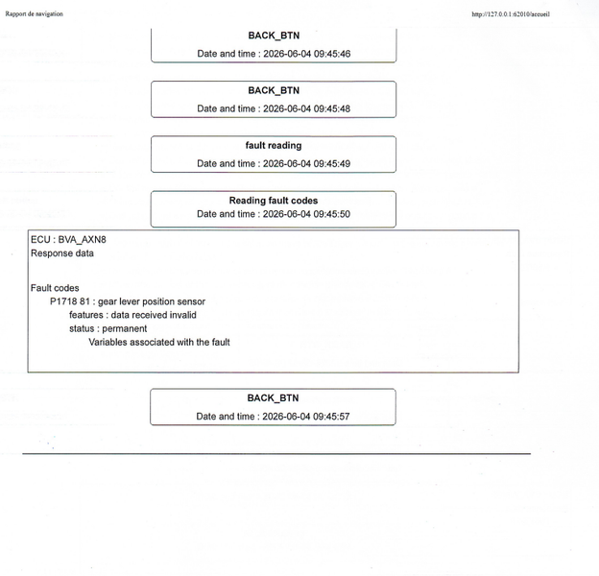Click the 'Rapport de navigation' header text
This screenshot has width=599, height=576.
pos(34,13)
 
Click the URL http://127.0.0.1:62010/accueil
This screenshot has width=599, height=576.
pos(511,14)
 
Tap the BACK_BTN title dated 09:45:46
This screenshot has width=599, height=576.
pos(274,36)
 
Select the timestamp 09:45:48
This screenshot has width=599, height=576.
pos(307,108)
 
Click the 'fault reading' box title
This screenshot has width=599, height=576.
pos(274,146)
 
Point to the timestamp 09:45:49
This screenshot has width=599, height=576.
pos(307,164)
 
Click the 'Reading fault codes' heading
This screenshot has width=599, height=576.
pos(274,201)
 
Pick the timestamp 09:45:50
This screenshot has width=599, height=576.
pos(306,214)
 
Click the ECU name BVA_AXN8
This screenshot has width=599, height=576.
pos(83,239)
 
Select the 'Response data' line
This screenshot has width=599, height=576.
pos(62,253)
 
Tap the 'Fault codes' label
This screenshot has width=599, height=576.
pos(55,288)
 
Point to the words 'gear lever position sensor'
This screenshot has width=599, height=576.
pos(152,301)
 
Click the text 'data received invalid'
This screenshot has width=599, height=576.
pos(154,315)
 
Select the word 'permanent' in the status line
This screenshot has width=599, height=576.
pos(125,329)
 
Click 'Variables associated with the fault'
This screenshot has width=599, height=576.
pos(159,342)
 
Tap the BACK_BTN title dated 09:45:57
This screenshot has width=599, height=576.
pos(273,398)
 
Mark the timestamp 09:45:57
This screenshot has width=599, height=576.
pos(306,417)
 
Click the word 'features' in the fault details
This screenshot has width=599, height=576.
pos(86,315)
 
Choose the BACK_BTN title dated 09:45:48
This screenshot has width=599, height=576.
pos(274,90)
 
